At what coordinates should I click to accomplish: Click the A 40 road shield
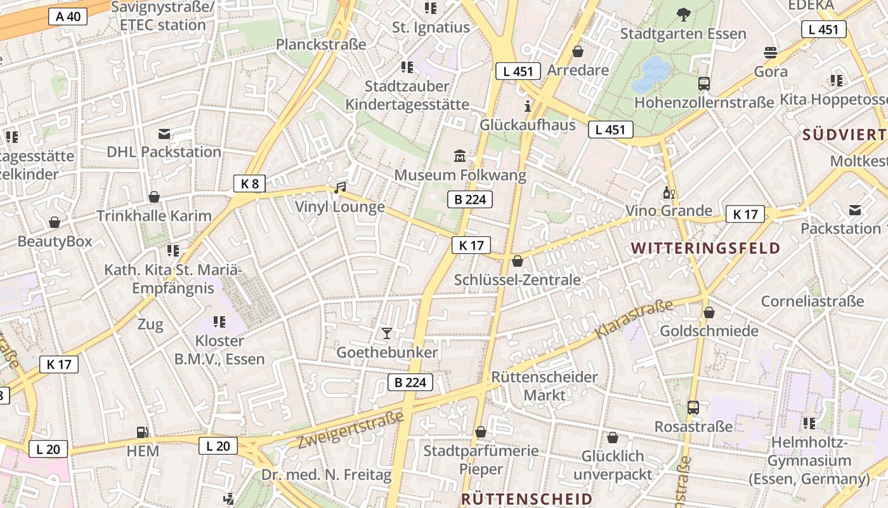68,17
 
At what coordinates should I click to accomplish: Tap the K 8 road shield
250,184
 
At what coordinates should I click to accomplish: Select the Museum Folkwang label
460,175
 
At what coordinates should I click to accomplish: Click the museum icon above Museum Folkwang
460,156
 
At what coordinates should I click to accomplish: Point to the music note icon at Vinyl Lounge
341,187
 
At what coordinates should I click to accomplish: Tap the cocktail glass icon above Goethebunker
386,333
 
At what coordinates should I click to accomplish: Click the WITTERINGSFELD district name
705,248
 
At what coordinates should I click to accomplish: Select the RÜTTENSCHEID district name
526,498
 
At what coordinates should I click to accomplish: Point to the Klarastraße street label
634,319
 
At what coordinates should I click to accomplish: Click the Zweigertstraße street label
351,430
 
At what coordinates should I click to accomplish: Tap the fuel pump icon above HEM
143,432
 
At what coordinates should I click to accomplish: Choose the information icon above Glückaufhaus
527,105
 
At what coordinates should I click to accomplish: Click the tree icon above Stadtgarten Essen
683,14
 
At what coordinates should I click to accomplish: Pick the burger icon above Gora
771,52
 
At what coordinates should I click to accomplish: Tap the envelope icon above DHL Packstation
164,133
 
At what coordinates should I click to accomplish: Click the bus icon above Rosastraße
693,407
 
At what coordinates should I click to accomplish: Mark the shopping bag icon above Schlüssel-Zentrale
518,261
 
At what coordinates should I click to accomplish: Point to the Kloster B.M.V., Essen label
219,350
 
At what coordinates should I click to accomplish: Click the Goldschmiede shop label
709,331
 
